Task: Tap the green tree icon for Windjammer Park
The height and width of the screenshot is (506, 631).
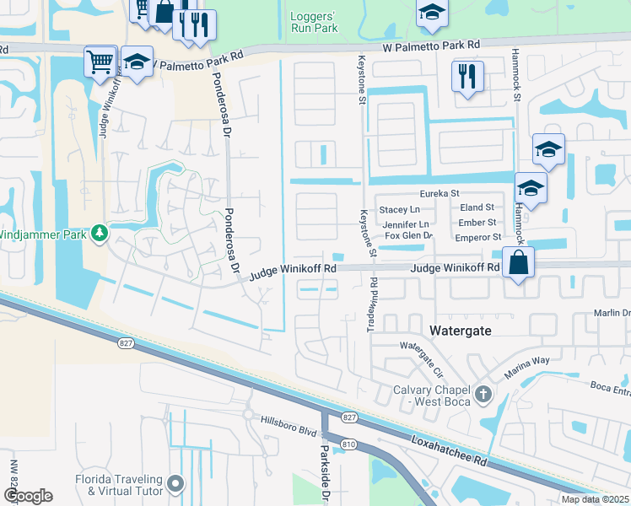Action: (100, 232)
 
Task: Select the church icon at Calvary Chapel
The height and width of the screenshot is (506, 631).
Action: (483, 394)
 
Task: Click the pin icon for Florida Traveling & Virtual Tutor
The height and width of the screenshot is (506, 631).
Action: (175, 483)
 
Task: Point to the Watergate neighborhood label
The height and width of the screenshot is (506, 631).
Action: (461, 331)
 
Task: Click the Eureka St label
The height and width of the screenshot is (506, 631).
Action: (439, 193)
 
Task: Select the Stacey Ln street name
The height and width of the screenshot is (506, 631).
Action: (399, 209)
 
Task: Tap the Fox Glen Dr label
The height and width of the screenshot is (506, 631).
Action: (408, 236)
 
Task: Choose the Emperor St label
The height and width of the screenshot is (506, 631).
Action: (480, 237)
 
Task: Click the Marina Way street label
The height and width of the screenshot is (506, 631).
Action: (528, 361)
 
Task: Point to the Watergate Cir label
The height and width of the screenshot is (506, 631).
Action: (421, 349)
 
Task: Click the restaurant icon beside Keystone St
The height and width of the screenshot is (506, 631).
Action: (467, 77)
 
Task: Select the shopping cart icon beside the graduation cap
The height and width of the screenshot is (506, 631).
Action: (100, 61)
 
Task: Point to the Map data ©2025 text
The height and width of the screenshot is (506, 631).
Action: (596, 499)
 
